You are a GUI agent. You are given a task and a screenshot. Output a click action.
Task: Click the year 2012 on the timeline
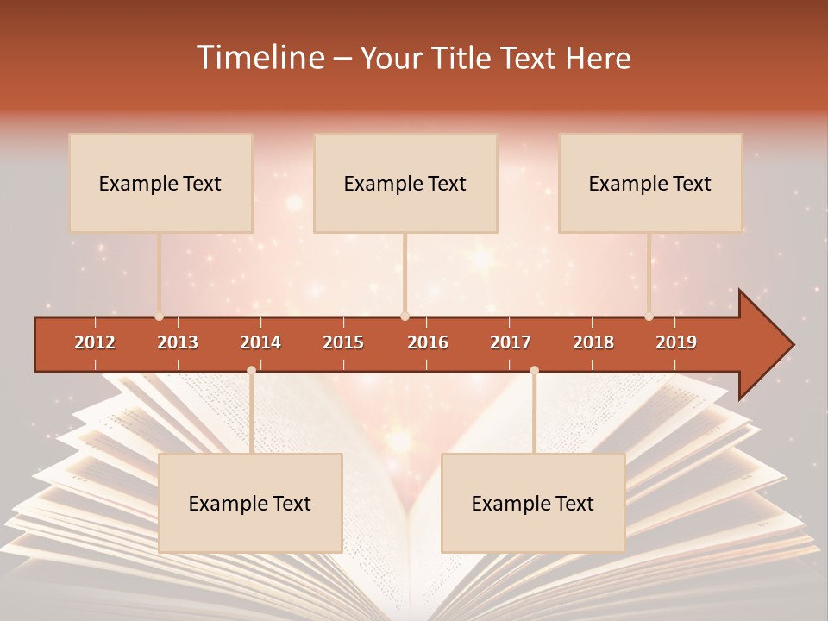pyautogui.click(x=95, y=342)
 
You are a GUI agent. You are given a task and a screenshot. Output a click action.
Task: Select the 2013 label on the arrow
pyautogui.click(x=178, y=342)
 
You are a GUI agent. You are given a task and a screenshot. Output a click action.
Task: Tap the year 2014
pyautogui.click(x=260, y=342)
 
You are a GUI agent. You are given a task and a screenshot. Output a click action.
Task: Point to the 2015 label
pyautogui.click(x=343, y=342)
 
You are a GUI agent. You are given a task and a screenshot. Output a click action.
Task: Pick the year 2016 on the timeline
pyautogui.click(x=428, y=342)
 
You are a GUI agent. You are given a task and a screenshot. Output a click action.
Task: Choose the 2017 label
pyautogui.click(x=511, y=342)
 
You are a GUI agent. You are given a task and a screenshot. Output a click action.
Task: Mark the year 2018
pyautogui.click(x=593, y=342)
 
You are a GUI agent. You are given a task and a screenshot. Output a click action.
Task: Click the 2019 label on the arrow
pyautogui.click(x=676, y=342)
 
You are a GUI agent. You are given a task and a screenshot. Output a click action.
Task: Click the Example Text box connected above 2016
pyautogui.click(x=405, y=183)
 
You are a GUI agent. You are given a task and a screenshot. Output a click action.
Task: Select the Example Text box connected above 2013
pyautogui.click(x=160, y=183)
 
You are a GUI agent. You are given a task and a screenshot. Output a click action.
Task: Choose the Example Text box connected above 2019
pyautogui.click(x=650, y=183)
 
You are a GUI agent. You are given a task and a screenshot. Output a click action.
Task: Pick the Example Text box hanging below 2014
pyautogui.click(x=250, y=503)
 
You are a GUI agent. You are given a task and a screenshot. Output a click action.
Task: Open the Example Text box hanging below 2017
pyautogui.click(x=533, y=503)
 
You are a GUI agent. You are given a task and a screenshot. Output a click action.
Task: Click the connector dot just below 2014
pyautogui.click(x=251, y=371)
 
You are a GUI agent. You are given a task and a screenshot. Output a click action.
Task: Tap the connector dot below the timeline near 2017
pyautogui.click(x=534, y=371)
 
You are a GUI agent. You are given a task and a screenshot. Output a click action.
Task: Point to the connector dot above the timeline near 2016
pyautogui.click(x=405, y=317)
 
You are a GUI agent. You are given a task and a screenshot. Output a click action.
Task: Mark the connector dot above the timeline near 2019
pyautogui.click(x=649, y=317)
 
